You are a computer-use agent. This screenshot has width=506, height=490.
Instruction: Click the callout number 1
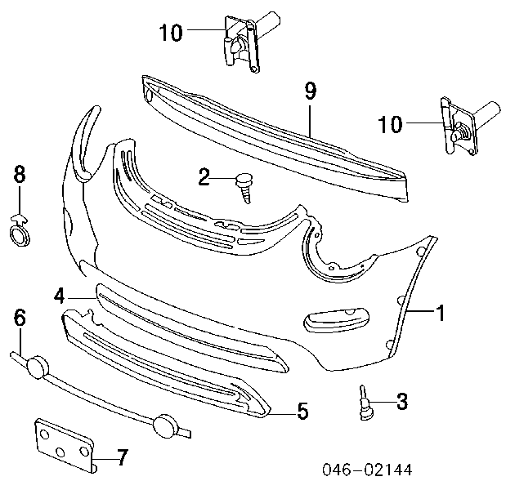tap(441, 312)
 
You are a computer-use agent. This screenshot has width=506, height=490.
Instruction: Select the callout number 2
tap(204, 176)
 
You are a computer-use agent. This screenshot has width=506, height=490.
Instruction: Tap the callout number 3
tap(401, 402)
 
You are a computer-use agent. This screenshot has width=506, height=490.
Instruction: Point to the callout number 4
tap(60, 296)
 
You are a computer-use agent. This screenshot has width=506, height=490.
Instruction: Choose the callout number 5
tap(302, 411)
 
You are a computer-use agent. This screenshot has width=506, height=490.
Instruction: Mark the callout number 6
tap(20, 317)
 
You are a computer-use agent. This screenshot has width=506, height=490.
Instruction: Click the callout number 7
tap(122, 457)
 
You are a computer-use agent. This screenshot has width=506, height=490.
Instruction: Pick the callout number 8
tap(20, 175)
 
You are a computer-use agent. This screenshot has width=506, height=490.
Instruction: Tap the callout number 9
tap(310, 91)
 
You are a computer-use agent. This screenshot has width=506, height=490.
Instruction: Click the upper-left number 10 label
tap(171, 33)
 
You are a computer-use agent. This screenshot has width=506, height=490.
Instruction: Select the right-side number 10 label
tap(390, 124)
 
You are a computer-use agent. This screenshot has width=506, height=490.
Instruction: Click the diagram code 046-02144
tap(367, 470)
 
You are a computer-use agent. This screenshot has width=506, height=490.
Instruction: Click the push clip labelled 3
tap(365, 403)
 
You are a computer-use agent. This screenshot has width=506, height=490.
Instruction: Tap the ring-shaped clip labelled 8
tap(19, 231)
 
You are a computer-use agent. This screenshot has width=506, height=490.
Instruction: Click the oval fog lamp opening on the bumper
tap(336, 319)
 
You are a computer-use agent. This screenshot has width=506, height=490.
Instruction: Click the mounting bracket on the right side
tap(468, 126)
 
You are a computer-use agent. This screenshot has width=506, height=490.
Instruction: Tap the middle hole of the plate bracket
tap(60, 452)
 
